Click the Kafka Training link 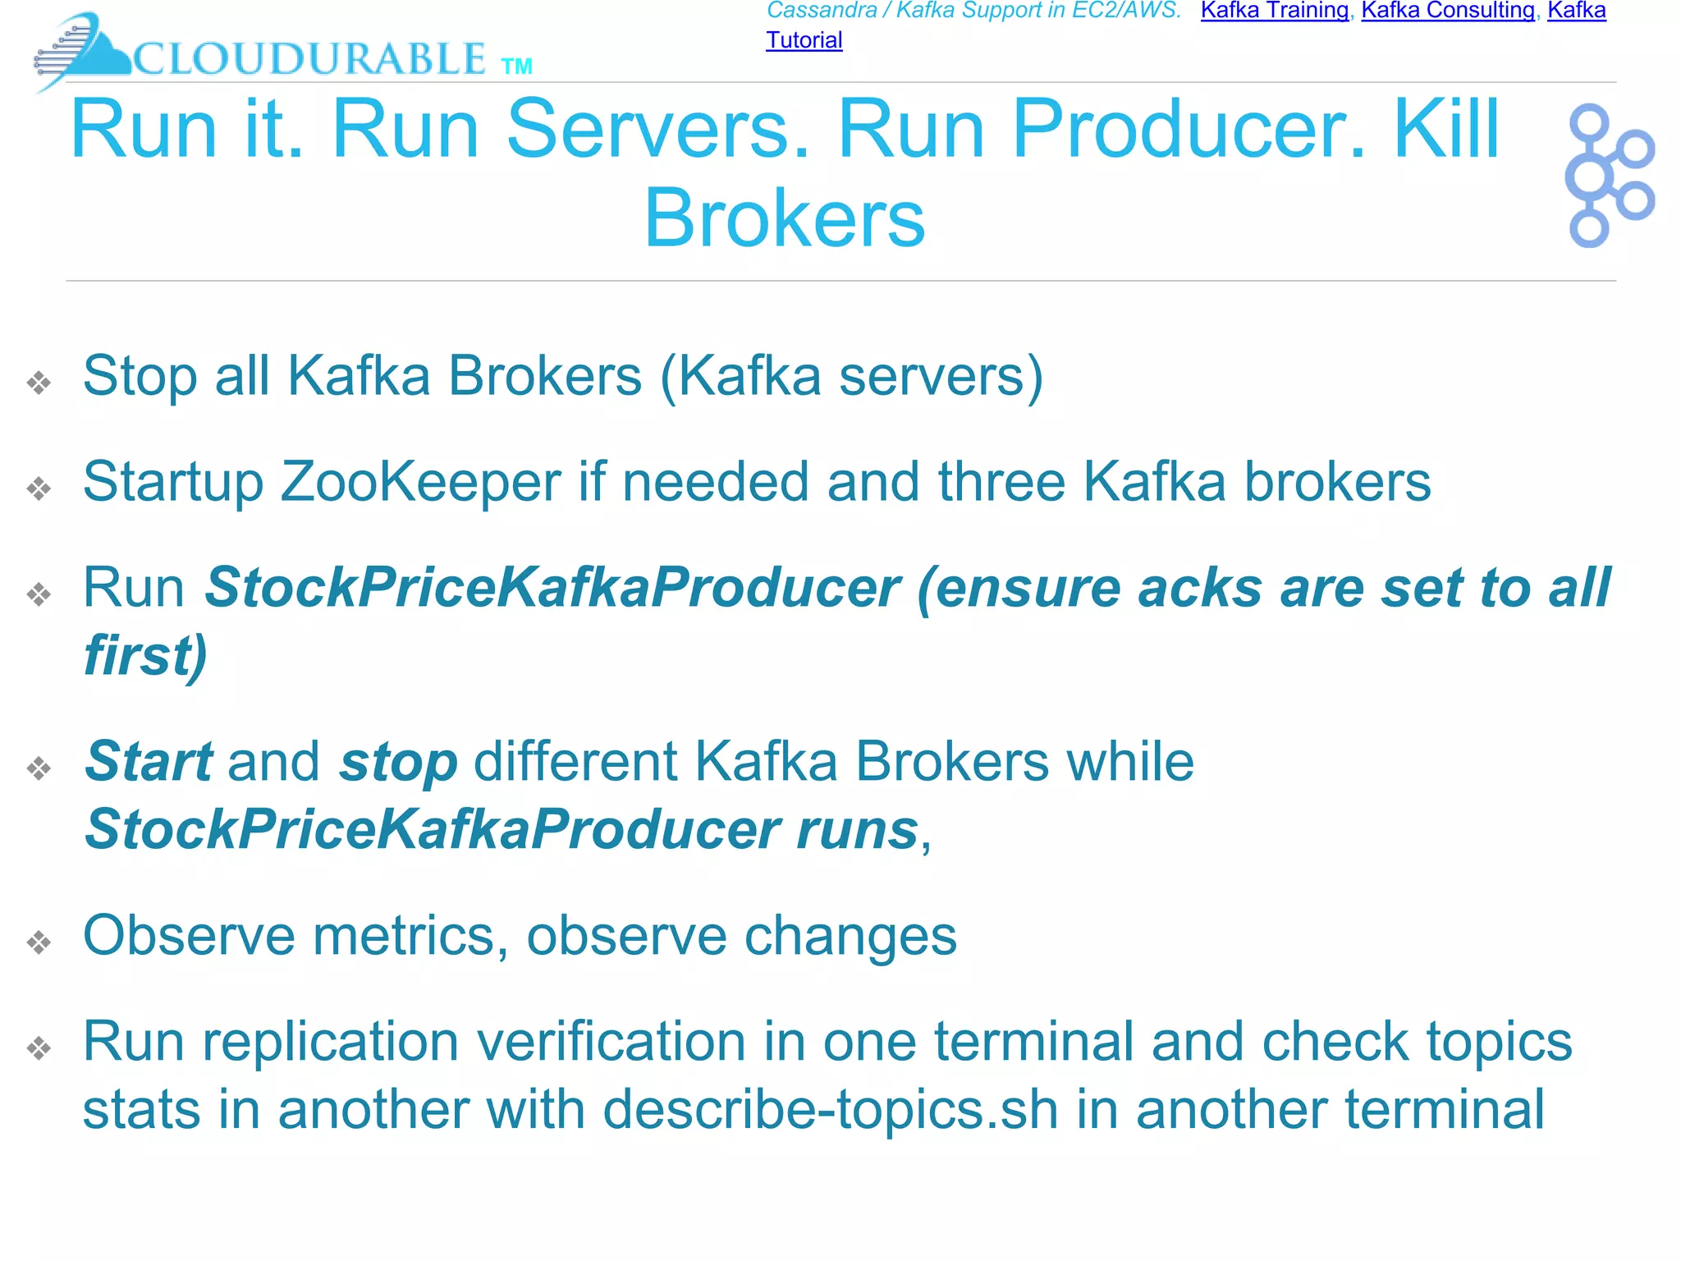(1274, 11)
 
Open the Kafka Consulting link (1448, 11)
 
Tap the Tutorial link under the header (804, 40)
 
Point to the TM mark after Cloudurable (516, 66)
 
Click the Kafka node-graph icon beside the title (1608, 175)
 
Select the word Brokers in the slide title (784, 218)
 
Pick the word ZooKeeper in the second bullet (420, 482)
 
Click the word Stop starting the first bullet (140, 377)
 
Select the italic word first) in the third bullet (146, 656)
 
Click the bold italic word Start (149, 762)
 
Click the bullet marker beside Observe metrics (39, 942)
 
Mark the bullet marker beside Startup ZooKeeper (39, 488)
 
